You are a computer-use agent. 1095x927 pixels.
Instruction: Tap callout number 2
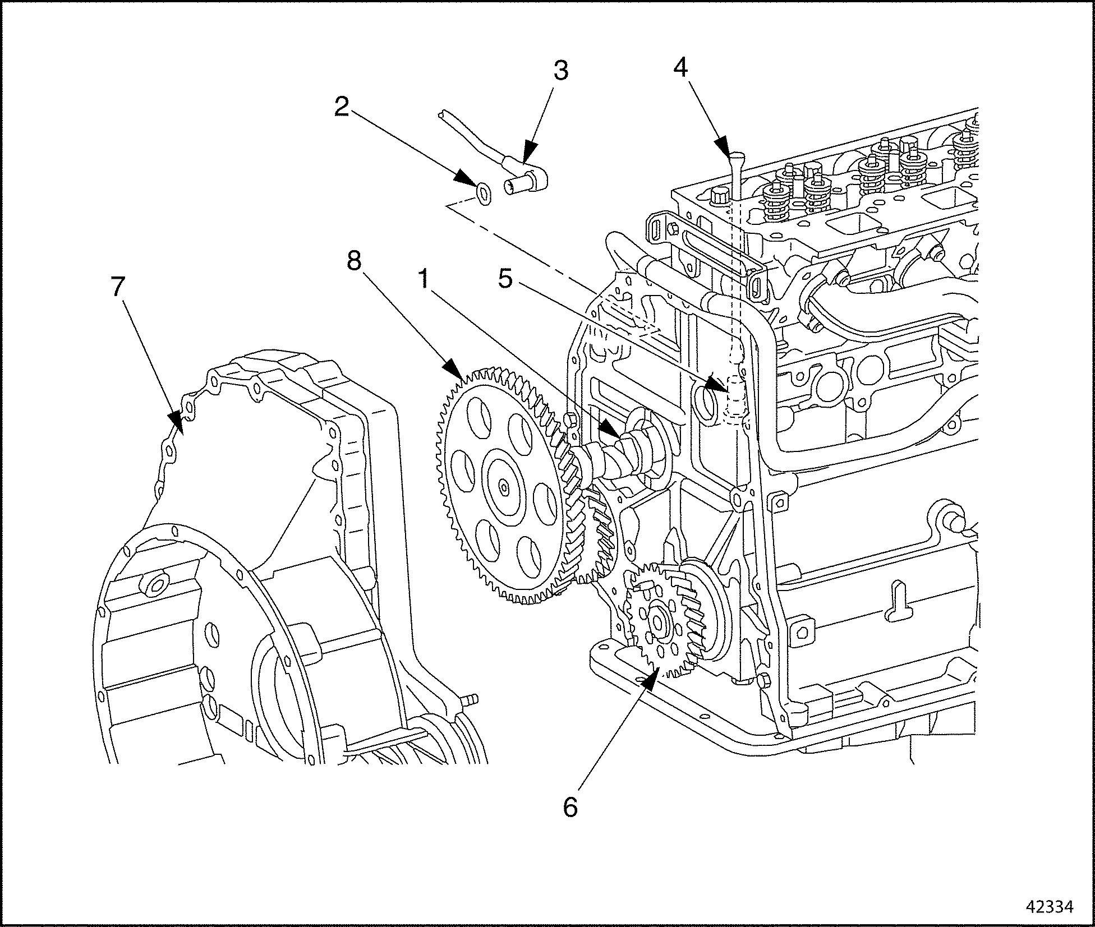click(x=341, y=107)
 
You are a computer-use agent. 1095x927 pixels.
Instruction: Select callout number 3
click(x=560, y=71)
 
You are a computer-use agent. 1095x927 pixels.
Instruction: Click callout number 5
click(x=505, y=279)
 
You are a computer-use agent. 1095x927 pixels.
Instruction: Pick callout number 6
click(x=570, y=807)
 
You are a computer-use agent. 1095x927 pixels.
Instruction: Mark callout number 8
click(x=354, y=261)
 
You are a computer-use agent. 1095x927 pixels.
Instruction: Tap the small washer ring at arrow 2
click(x=482, y=192)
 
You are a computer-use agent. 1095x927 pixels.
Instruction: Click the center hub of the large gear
click(x=504, y=486)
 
